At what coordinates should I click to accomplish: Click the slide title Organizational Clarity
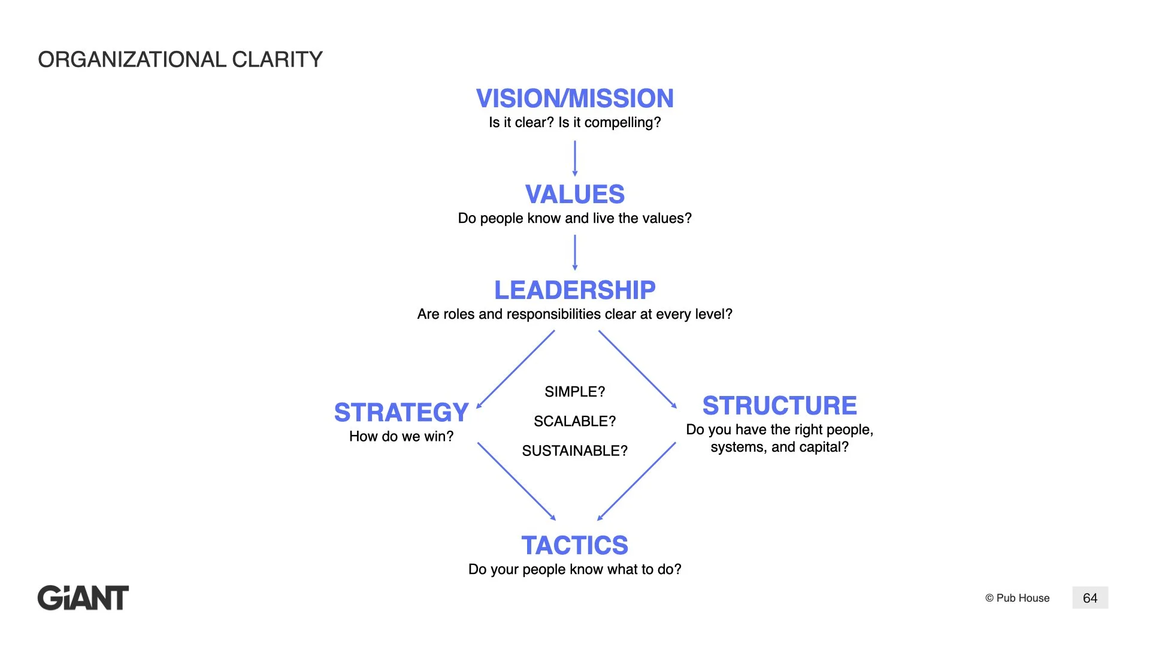click(180, 59)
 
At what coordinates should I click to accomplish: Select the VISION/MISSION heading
click(574, 98)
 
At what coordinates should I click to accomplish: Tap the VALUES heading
click(574, 194)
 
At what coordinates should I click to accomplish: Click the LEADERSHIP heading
click(574, 290)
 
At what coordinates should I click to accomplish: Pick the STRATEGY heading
click(401, 412)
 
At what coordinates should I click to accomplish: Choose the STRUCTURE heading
click(779, 406)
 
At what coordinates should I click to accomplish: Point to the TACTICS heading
click(574, 545)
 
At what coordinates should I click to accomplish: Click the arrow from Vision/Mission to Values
click(575, 158)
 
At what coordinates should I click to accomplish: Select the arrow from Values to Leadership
click(575, 252)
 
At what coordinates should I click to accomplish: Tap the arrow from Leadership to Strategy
click(516, 369)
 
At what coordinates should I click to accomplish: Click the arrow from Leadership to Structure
click(637, 369)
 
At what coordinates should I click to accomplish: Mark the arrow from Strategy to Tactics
click(516, 481)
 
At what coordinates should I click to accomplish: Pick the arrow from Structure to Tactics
click(637, 481)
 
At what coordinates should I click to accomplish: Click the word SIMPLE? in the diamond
click(574, 392)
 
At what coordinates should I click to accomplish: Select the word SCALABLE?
click(574, 421)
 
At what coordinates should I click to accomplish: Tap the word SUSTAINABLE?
click(574, 451)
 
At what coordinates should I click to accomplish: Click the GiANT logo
click(83, 598)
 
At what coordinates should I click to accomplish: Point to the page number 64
click(1090, 598)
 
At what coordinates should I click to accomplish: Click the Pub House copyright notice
click(1017, 598)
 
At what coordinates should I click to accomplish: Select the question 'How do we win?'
click(401, 436)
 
